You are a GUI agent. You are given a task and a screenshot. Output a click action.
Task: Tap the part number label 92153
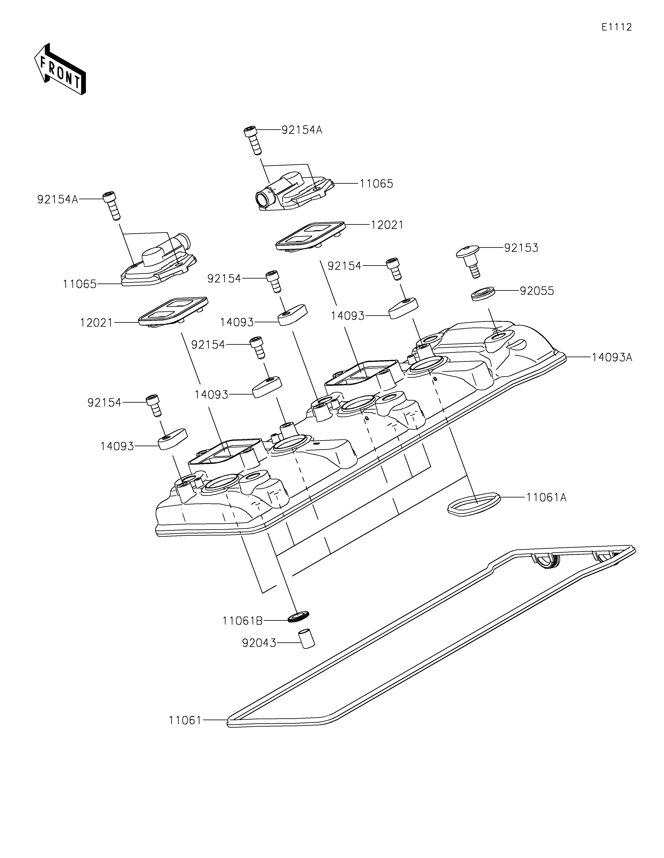[x=521, y=248]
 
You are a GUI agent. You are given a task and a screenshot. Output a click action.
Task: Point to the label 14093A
[x=612, y=357]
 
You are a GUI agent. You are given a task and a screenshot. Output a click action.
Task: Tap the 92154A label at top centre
[x=301, y=130]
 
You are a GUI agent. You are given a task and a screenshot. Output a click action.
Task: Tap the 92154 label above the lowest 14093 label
[x=104, y=402]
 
